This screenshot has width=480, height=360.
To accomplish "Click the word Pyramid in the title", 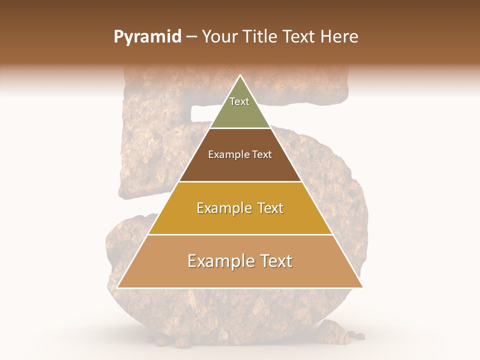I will pyautogui.click(x=147, y=37).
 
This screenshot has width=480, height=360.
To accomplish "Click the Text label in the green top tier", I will pyautogui.click(x=239, y=101).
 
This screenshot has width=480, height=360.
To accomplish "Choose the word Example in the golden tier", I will pyautogui.click(x=222, y=208).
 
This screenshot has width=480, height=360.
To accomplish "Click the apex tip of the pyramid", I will pyautogui.click(x=240, y=76).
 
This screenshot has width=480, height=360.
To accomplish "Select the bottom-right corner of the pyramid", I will pyautogui.click(x=362, y=287).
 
